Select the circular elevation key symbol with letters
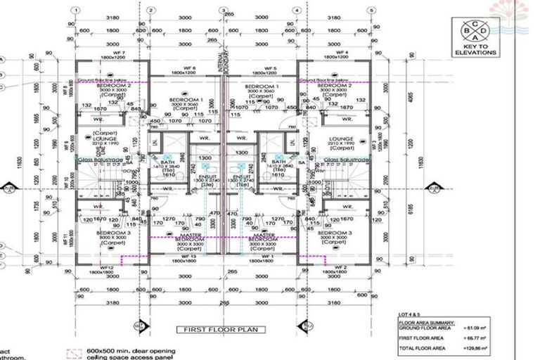pos(475,30)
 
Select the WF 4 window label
pos(342,53)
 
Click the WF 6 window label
pos(189,68)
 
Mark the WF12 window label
pos(107,267)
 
